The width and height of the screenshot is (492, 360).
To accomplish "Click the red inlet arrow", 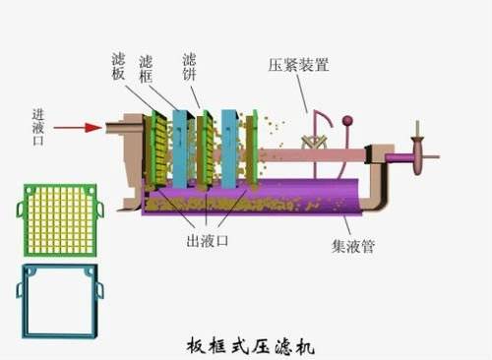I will coord(77,127).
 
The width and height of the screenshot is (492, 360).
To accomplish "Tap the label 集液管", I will coord(351,244).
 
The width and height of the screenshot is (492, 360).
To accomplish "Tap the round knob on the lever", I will coord(346,123).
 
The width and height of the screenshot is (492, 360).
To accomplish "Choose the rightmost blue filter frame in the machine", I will coord(229,148).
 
